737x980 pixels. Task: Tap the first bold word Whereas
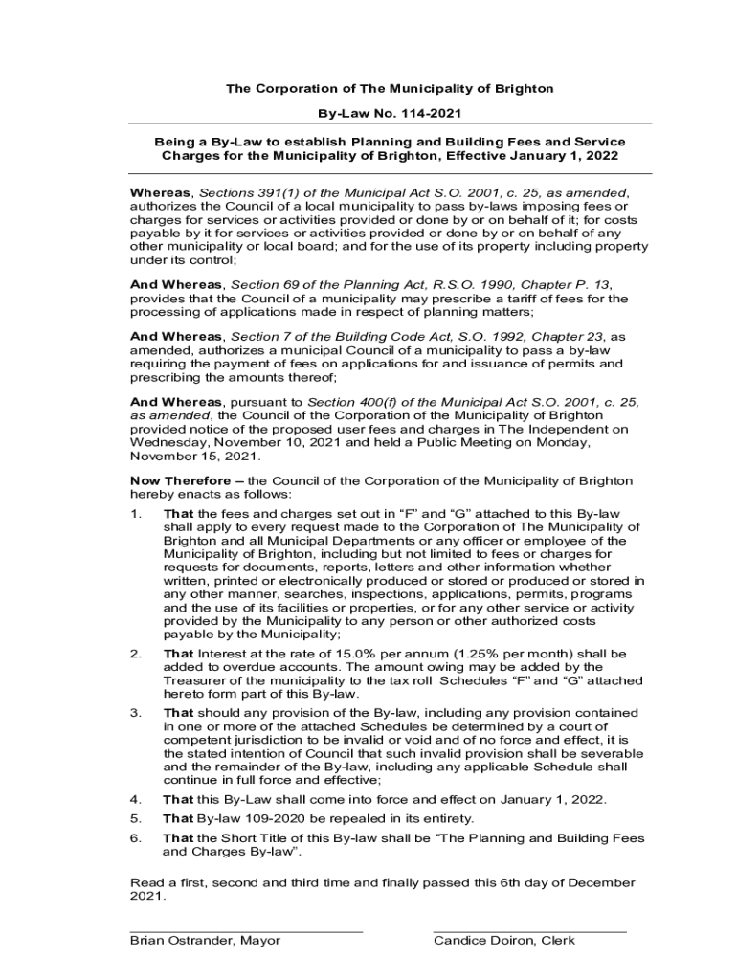pos(161,193)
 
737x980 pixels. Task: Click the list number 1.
pos(135,514)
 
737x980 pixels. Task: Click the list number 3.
pos(135,713)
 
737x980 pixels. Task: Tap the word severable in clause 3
pos(611,754)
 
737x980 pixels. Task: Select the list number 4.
pos(135,800)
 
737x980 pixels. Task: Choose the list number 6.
pos(135,838)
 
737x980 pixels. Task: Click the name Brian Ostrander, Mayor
pos(205,941)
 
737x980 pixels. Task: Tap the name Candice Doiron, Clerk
pos(503,941)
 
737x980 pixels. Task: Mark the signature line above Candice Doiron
pos(529,930)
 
